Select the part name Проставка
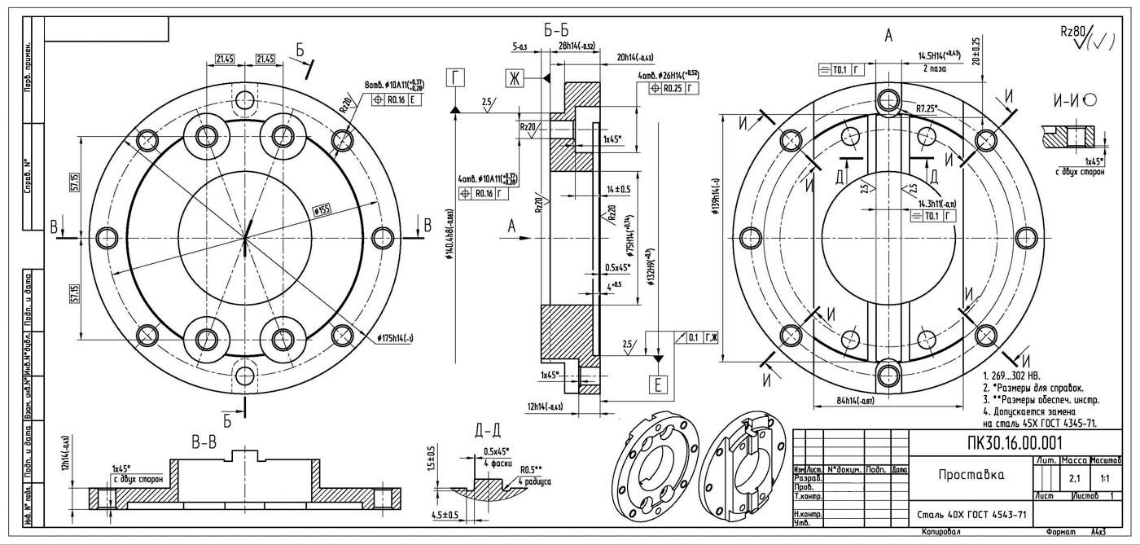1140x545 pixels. tap(970, 475)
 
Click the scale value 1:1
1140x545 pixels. tap(1104, 477)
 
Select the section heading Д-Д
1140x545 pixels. tap(486, 431)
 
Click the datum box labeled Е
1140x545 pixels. tap(659, 385)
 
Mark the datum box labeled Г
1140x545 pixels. tap(456, 78)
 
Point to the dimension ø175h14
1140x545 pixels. tap(396, 338)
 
